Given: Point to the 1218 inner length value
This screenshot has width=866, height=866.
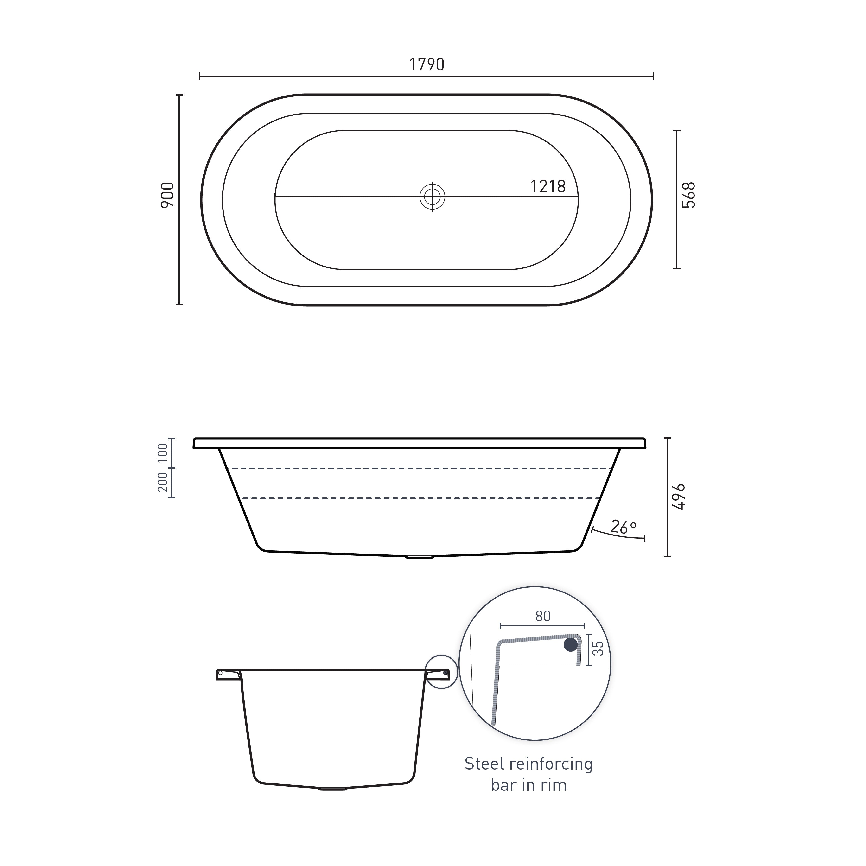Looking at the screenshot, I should (x=548, y=186).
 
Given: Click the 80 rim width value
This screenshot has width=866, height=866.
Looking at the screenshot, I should (x=543, y=616).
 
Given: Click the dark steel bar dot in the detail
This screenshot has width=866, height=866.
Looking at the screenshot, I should (x=571, y=645).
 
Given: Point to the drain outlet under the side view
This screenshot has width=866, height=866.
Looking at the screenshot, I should (x=420, y=557).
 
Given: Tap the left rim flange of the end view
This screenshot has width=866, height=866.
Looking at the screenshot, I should (x=228, y=674).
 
